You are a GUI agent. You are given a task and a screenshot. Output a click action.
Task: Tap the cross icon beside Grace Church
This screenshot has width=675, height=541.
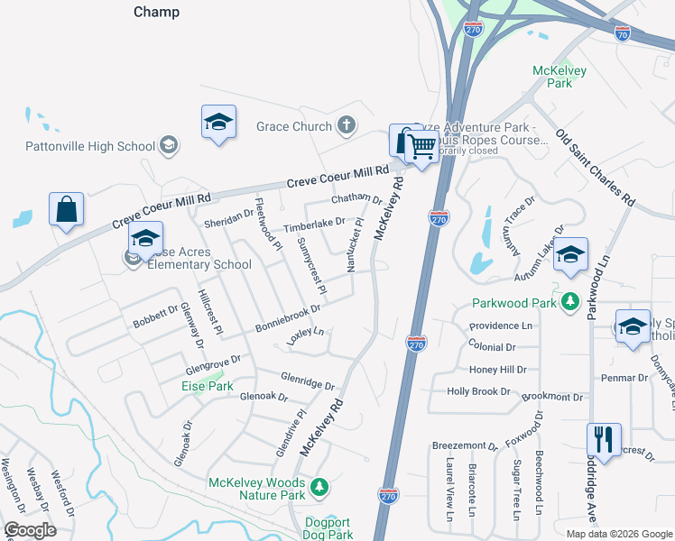tap(346, 126)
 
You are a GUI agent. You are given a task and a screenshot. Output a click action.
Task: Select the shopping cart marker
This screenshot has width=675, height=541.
tap(422, 145)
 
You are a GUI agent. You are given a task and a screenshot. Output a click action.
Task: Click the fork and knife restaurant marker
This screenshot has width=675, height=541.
tap(602, 441)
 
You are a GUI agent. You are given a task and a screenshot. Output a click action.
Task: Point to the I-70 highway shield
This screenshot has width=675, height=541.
tap(622, 32)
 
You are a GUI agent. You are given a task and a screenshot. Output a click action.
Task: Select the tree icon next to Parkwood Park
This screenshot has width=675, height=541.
tap(569, 301)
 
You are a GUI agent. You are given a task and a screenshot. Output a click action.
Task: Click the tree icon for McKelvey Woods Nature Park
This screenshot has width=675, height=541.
tap(318, 488)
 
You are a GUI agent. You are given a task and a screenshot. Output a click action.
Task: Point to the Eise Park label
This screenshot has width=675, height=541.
tap(208, 386)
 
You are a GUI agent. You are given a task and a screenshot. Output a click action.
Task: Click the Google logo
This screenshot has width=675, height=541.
tap(30, 530)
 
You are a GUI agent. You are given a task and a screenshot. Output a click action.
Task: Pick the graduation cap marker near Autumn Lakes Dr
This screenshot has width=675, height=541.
tap(569, 254)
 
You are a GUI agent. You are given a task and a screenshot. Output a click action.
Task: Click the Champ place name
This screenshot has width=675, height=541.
tap(156, 13)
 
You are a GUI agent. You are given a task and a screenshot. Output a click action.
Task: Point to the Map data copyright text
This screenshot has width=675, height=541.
tap(617, 533)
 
